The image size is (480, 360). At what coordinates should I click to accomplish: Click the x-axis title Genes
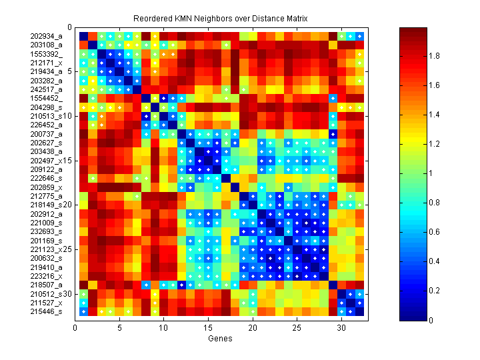[x=221, y=339]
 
